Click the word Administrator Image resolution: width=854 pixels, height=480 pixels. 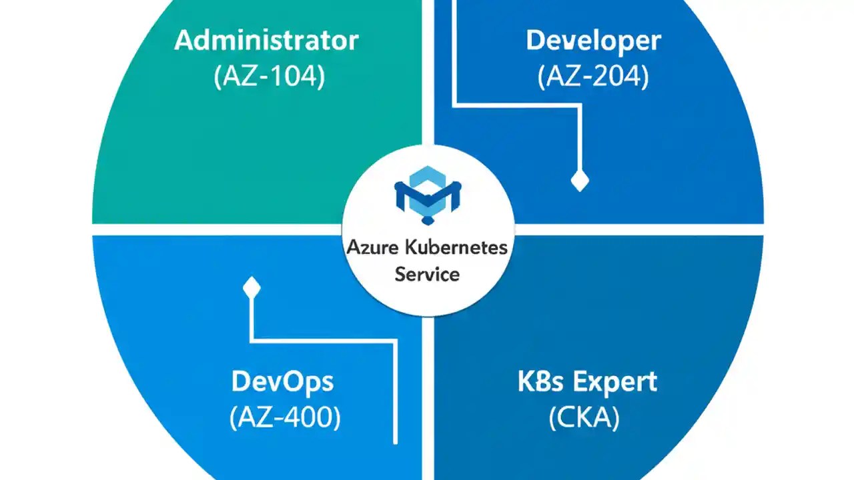pos(266,41)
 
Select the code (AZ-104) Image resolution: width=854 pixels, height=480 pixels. pos(270,77)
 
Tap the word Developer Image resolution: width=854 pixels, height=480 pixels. pos(593,41)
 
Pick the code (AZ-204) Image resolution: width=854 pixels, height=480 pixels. pos(593,77)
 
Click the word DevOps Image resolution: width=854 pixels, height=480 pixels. pos(282,382)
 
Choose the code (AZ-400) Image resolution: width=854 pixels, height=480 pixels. pos(285,418)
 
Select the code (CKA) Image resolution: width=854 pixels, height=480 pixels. pos(584,418)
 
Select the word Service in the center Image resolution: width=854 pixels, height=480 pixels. pos(427,273)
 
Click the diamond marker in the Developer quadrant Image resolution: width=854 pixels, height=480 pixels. pos(579,181)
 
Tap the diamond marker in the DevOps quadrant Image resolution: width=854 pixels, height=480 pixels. pos(252,288)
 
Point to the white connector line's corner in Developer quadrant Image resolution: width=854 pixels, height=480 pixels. pos(454,104)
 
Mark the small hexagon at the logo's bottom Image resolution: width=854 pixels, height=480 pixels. pos(428,219)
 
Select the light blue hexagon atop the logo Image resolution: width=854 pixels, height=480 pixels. pos(428,177)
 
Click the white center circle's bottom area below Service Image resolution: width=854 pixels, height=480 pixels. pos(427,299)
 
